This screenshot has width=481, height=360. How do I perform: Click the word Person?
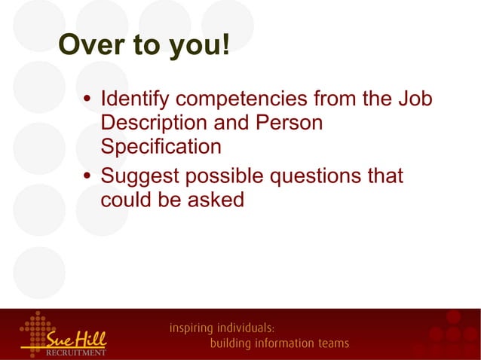coord(290,122)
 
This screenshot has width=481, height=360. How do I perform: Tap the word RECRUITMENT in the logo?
coord(76,351)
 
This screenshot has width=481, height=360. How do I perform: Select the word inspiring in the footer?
coord(191,329)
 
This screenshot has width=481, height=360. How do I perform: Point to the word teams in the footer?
coord(331,343)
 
